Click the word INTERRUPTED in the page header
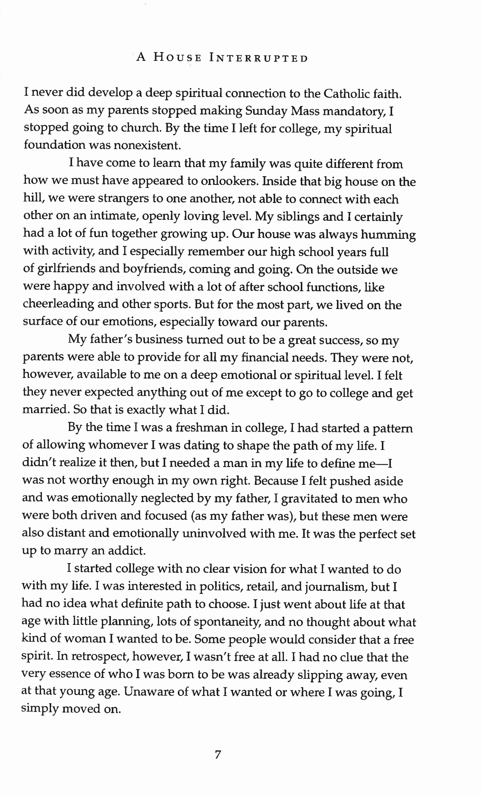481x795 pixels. pyautogui.click(x=259, y=58)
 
